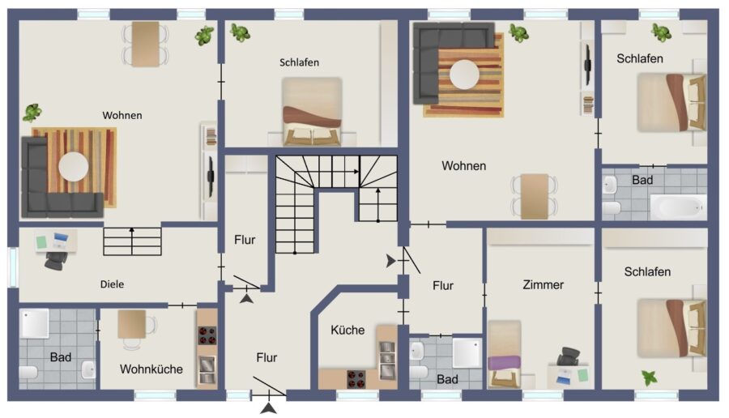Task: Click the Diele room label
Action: pyautogui.click(x=112, y=284)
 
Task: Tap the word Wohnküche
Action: pyautogui.click(x=151, y=369)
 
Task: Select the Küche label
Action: pyautogui.click(x=347, y=331)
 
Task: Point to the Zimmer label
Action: pyautogui.click(x=543, y=284)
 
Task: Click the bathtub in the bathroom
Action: pyautogui.click(x=678, y=207)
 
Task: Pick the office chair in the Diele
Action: pyautogui.click(x=56, y=260)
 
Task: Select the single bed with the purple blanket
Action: pyautogui.click(x=505, y=354)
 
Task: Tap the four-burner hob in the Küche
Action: pyautogui.click(x=356, y=379)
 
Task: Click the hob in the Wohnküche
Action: pyautogui.click(x=207, y=335)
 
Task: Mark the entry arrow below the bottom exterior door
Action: pyautogui.click(x=269, y=409)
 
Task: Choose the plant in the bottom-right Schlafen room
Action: pyautogui.click(x=650, y=377)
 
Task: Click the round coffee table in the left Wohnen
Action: pyautogui.click(x=74, y=167)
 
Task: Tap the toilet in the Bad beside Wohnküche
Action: pyautogui.click(x=29, y=373)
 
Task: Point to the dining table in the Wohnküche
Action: pyautogui.click(x=131, y=324)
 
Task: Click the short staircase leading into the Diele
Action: pyautogui.click(x=132, y=241)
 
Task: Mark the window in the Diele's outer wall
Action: pyautogui.click(x=13, y=267)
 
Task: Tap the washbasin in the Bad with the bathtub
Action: pyautogui.click(x=609, y=185)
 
